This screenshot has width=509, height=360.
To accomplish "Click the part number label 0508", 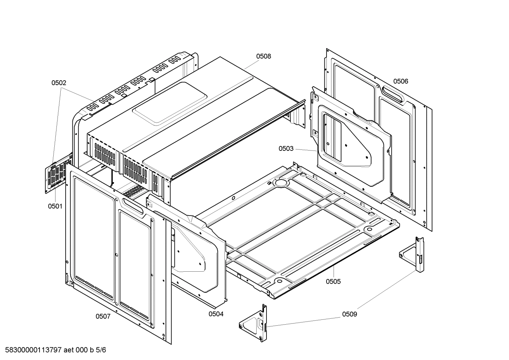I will click(263, 56).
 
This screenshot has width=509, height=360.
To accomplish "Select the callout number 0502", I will click(59, 83).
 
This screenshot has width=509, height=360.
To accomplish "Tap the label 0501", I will click(55, 206).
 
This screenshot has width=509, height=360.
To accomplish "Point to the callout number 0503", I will click(286, 148).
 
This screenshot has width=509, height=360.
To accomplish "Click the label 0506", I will click(401, 81).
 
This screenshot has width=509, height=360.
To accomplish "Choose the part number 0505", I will click(333, 281).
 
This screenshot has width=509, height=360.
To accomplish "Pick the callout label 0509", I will click(349, 314).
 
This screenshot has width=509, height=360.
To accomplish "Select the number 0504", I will click(216, 313).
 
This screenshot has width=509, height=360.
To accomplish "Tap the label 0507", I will click(103, 316).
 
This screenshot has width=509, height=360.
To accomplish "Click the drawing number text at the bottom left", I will click(53, 350).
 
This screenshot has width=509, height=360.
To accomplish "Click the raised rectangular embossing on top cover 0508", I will click(169, 103).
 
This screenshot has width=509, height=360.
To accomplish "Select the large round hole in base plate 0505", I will click(281, 183).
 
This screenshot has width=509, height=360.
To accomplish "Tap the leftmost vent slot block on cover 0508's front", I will click(105, 153).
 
